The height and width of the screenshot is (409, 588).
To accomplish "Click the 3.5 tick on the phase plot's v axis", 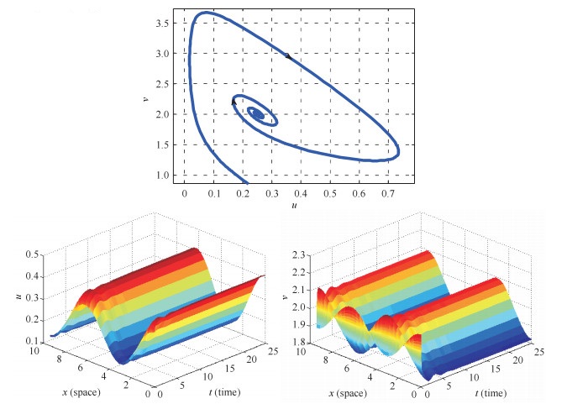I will [x=167, y=23].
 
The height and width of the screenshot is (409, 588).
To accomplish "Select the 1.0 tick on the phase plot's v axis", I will [x=167, y=176].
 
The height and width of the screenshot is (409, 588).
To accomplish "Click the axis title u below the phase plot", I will [x=294, y=205].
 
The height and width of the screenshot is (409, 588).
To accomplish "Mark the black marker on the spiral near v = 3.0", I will [x=287, y=56].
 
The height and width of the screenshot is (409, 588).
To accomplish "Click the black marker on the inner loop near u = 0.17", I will [x=234, y=101].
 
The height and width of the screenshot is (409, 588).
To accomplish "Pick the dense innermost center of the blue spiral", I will [x=259, y=115].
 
